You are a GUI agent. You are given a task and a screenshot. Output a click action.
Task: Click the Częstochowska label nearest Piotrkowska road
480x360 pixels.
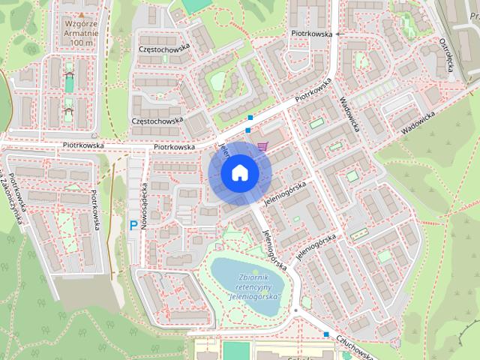tap(157, 120)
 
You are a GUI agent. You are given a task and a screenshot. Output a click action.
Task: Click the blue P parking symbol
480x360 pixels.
tap(133, 224)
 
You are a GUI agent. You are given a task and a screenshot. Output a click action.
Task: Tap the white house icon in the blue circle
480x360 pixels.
tap(238, 173)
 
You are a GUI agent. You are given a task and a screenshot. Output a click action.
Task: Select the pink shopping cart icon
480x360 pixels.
tap(262, 146)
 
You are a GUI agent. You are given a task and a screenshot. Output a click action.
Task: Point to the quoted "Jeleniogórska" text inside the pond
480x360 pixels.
tap(252, 297)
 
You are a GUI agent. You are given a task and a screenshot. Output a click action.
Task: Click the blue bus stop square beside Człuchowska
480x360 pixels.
tap(326, 334)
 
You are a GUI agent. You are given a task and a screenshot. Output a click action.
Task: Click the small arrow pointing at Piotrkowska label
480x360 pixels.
tap(337, 34)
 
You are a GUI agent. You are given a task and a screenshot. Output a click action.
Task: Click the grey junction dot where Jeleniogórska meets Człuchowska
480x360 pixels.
tap(296, 309)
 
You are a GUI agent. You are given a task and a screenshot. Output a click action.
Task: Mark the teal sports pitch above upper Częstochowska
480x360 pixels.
tap(196, 5)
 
